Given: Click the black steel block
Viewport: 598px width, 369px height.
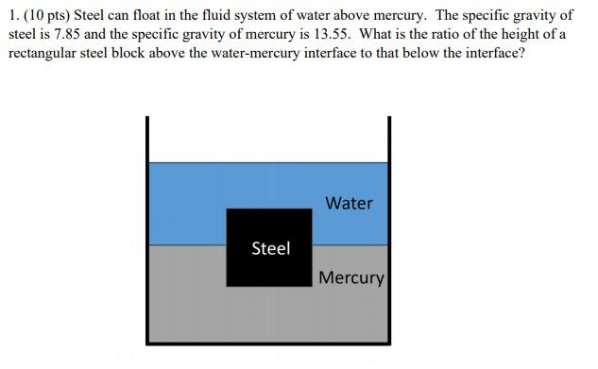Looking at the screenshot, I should tap(269, 269).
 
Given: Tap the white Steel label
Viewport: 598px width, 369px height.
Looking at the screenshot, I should tap(270, 248).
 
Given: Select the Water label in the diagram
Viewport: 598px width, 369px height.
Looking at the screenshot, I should tap(349, 203).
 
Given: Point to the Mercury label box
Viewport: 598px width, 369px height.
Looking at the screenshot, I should tap(351, 278).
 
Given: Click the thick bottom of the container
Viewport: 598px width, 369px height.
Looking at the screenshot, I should tap(268, 341).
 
